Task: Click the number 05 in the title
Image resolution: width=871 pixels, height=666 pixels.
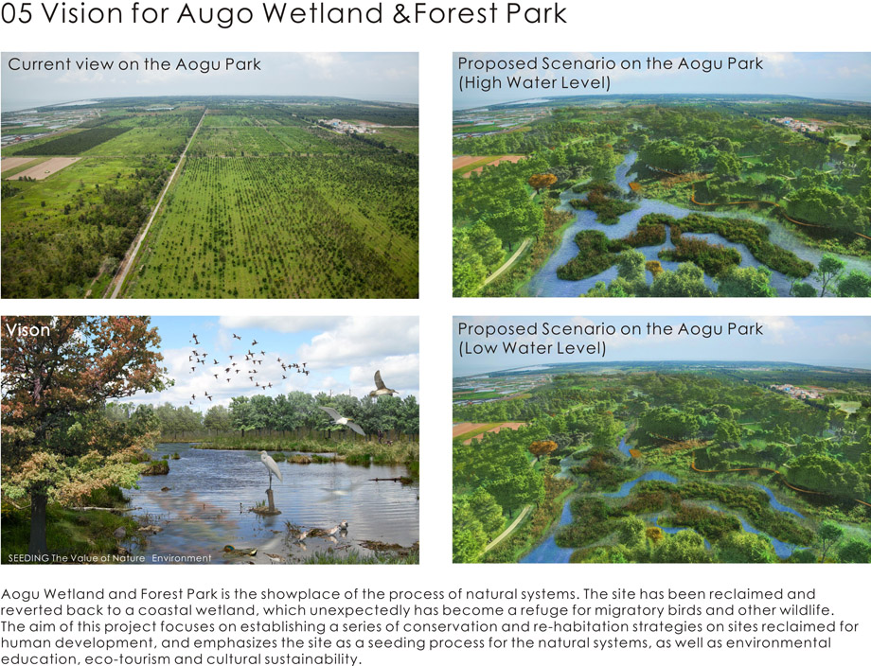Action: pyautogui.click(x=17, y=13)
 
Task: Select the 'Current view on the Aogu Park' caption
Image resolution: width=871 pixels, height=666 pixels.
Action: pyautogui.click(x=134, y=64)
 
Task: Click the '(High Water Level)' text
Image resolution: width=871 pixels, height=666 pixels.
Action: pyautogui.click(x=534, y=82)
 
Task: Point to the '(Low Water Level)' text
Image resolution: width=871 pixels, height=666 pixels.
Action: pyautogui.click(x=532, y=348)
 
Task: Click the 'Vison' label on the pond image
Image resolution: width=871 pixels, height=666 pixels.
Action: pyautogui.click(x=27, y=330)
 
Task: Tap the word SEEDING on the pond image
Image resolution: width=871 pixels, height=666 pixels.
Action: pyautogui.click(x=29, y=558)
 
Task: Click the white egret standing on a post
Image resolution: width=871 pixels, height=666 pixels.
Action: pyautogui.click(x=271, y=469)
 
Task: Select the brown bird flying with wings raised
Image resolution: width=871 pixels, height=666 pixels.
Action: pyautogui.click(x=382, y=384)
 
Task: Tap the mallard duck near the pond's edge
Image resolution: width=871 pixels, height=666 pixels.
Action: pyautogui.click(x=240, y=552)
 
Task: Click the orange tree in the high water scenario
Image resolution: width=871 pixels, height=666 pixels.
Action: pyautogui.click(x=542, y=181)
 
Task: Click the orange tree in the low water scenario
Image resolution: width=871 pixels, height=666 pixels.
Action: pyautogui.click(x=542, y=447)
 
